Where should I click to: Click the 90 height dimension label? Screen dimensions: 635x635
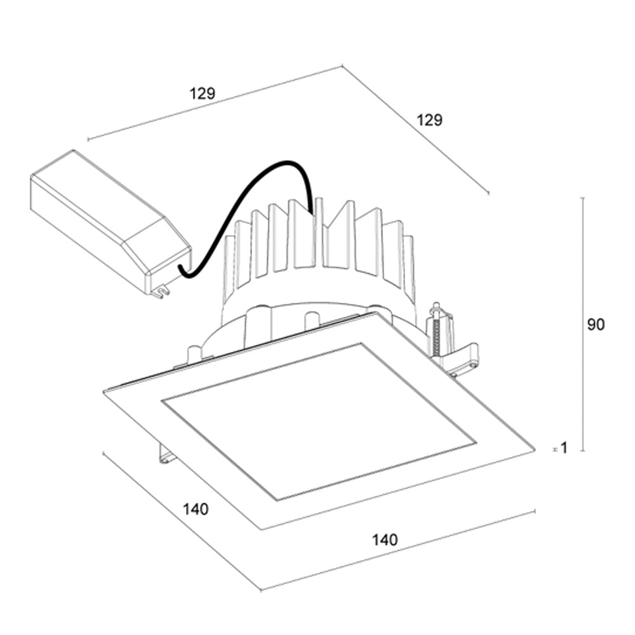click(595, 324)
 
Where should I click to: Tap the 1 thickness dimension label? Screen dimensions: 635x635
click(563, 448)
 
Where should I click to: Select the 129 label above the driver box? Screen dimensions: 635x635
click(203, 93)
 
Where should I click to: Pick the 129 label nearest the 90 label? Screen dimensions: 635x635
click(429, 119)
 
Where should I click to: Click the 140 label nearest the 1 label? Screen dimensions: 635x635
click(385, 540)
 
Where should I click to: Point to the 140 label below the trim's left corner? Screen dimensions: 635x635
click(196, 509)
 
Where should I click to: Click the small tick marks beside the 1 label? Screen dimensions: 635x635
click(554, 449)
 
